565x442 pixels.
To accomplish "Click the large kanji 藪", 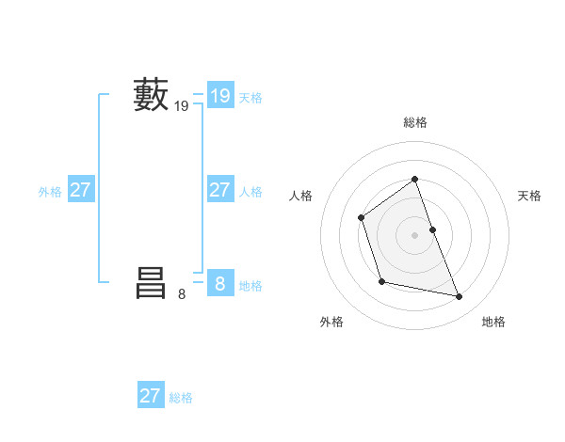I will (x=151, y=95).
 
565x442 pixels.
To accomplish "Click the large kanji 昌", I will (x=151, y=282).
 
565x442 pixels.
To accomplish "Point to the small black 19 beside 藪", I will (x=182, y=107).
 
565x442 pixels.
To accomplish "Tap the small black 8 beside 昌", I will (x=182, y=294).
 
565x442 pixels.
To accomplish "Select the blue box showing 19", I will (x=219, y=96).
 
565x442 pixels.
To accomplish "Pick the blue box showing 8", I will (x=219, y=283).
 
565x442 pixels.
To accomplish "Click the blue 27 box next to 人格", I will (x=219, y=190).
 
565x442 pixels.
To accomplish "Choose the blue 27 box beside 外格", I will (x=80, y=190).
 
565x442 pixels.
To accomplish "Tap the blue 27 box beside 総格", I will (x=151, y=396).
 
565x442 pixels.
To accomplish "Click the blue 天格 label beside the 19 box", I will (x=250, y=98).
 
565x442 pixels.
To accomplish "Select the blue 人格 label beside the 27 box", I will (x=250, y=192).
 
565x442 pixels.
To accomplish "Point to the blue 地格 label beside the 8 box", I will (x=250, y=286).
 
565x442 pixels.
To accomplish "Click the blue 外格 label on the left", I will (x=50, y=192).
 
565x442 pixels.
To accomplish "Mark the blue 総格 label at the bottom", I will (x=181, y=398).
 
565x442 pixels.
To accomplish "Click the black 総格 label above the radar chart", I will (x=415, y=122).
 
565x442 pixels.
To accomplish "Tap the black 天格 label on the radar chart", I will (x=529, y=196).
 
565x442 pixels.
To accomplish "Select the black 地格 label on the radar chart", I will (x=493, y=322).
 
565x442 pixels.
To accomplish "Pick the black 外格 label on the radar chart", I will (x=331, y=322).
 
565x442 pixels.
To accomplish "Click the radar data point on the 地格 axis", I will (x=460, y=297).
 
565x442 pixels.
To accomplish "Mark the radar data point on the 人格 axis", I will (x=362, y=218).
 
